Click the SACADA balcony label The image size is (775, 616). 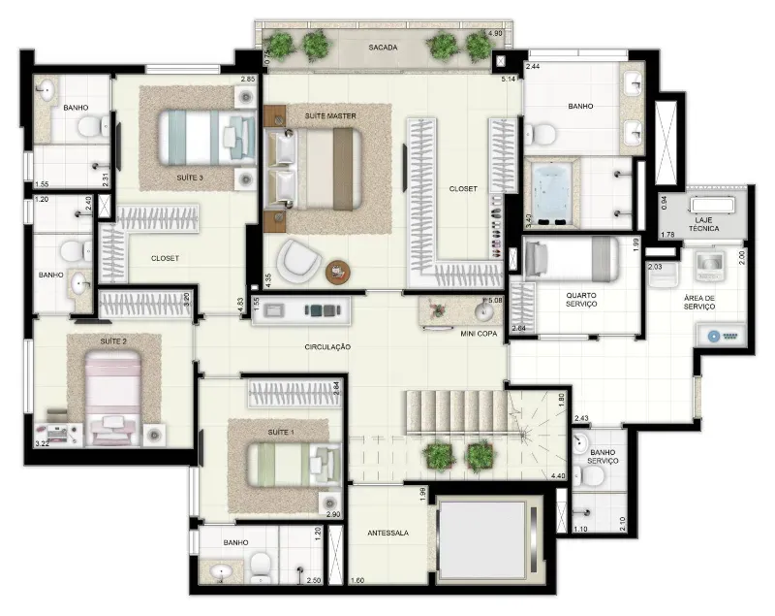[x=383, y=48]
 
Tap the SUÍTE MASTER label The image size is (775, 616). [x=330, y=115]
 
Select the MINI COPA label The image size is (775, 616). [x=479, y=334]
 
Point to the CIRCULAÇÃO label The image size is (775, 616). [x=327, y=347]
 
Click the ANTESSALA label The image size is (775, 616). [x=388, y=533]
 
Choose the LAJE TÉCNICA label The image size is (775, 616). [x=703, y=224]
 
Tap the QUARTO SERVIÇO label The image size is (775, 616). [x=581, y=300]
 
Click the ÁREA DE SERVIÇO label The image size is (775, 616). [x=699, y=303]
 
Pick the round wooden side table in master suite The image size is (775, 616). [x=337, y=272]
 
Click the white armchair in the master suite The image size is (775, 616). [x=299, y=261]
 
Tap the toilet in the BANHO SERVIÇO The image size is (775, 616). [x=589, y=476]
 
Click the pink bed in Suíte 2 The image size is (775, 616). [x=113, y=398]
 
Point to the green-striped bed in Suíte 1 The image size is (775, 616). [x=294, y=464]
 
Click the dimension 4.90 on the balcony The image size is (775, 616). [x=495, y=34]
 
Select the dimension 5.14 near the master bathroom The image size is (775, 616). [x=508, y=79]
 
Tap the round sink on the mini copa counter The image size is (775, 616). [x=483, y=311]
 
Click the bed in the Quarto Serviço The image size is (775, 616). [x=571, y=258]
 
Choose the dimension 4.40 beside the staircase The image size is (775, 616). [x=558, y=476]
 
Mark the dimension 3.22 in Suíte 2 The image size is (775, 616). [x=43, y=444]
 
